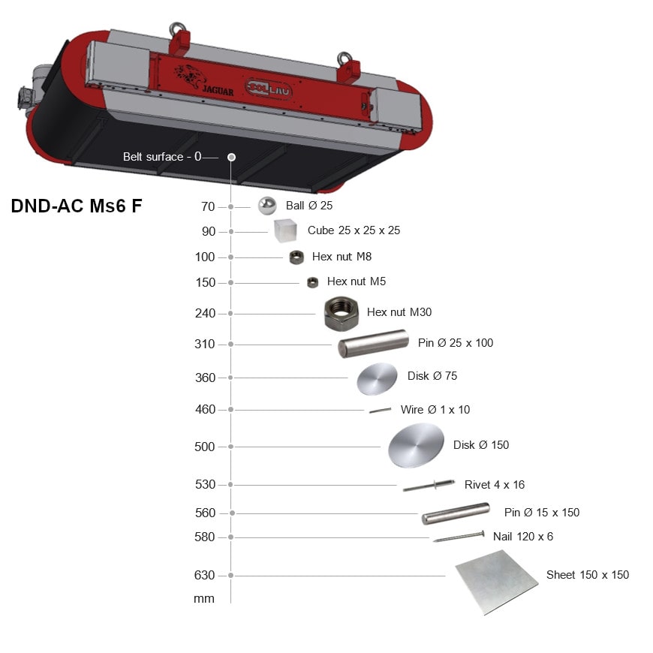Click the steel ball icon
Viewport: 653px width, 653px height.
coord(267,206)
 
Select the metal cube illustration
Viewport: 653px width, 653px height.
coord(285,230)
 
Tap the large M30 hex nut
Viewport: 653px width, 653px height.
coord(341,314)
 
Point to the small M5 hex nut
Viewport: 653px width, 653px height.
coord(312,283)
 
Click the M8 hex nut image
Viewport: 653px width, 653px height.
coord(296,257)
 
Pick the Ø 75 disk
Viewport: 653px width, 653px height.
coord(377,378)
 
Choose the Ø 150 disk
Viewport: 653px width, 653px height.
coord(416,445)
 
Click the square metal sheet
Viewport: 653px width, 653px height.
coord(497,582)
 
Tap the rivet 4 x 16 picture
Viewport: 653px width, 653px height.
coord(429,486)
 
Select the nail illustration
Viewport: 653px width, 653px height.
coord(459,537)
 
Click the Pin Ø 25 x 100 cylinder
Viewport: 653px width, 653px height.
coord(373,344)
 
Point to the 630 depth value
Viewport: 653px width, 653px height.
coord(204,575)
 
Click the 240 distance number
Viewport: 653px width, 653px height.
coord(206,313)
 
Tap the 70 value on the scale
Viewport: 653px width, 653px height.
coord(208,206)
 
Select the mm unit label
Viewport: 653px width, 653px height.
coord(204,599)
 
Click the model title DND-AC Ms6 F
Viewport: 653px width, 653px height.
coord(77,206)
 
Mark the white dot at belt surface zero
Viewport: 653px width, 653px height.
coord(231,157)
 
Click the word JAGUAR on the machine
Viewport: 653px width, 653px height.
coord(218,90)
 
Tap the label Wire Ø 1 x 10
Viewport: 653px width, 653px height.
coord(435,410)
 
